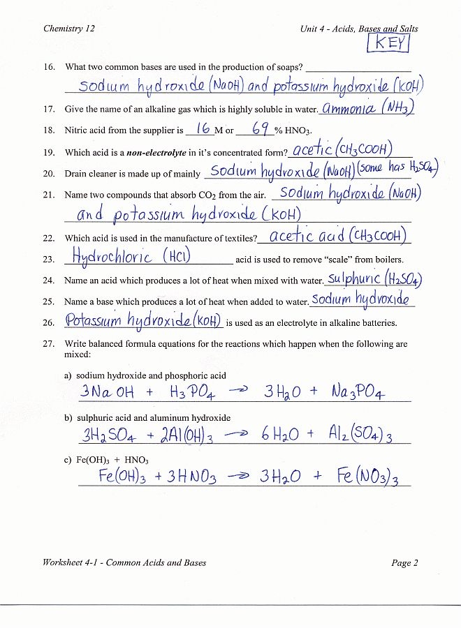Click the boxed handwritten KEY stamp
point(388,44)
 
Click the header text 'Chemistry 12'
point(69,29)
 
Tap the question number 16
point(49,68)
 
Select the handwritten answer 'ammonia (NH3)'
point(367,108)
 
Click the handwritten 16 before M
point(203,128)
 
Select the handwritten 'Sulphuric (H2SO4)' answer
point(374,279)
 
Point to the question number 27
point(49,344)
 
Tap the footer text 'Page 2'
point(404,562)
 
